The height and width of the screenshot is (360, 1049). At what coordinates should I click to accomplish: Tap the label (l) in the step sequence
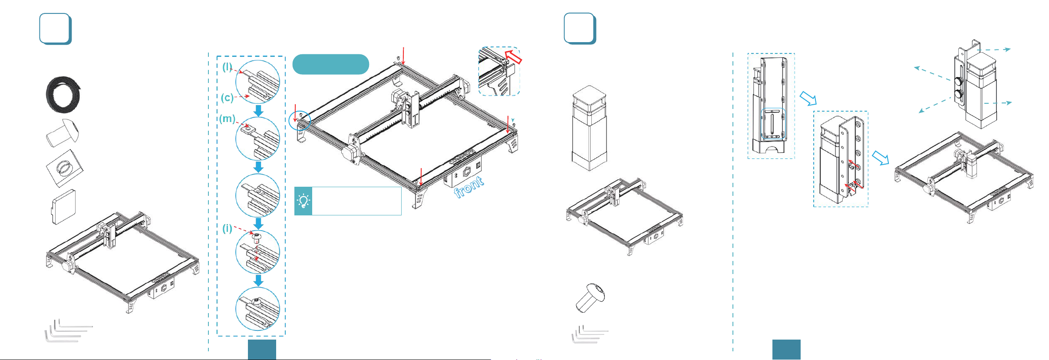[x=228, y=67]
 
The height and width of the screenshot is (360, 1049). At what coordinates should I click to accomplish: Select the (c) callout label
[x=227, y=98]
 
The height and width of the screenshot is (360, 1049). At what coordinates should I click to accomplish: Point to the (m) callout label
[x=228, y=119]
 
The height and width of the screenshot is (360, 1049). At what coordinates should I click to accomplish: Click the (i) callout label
[x=228, y=228]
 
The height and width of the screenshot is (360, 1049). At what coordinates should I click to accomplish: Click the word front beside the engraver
[x=469, y=187]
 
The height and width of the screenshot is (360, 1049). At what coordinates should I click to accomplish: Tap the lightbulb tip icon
[x=303, y=201]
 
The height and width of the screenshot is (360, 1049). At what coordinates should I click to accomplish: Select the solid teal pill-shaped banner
[x=331, y=64]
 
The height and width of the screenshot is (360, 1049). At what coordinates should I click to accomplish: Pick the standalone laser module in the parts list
[x=589, y=128]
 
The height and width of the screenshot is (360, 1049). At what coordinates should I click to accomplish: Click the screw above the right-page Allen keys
[x=590, y=298]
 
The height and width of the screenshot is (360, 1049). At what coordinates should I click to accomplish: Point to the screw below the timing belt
[x=63, y=133]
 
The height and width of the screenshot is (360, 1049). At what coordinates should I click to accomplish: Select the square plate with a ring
[x=65, y=168]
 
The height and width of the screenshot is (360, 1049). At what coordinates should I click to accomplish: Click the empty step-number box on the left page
[x=55, y=29]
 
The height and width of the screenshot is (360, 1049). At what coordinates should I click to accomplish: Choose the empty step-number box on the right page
[x=580, y=29]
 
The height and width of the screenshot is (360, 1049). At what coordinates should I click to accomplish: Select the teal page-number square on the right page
[x=786, y=350]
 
